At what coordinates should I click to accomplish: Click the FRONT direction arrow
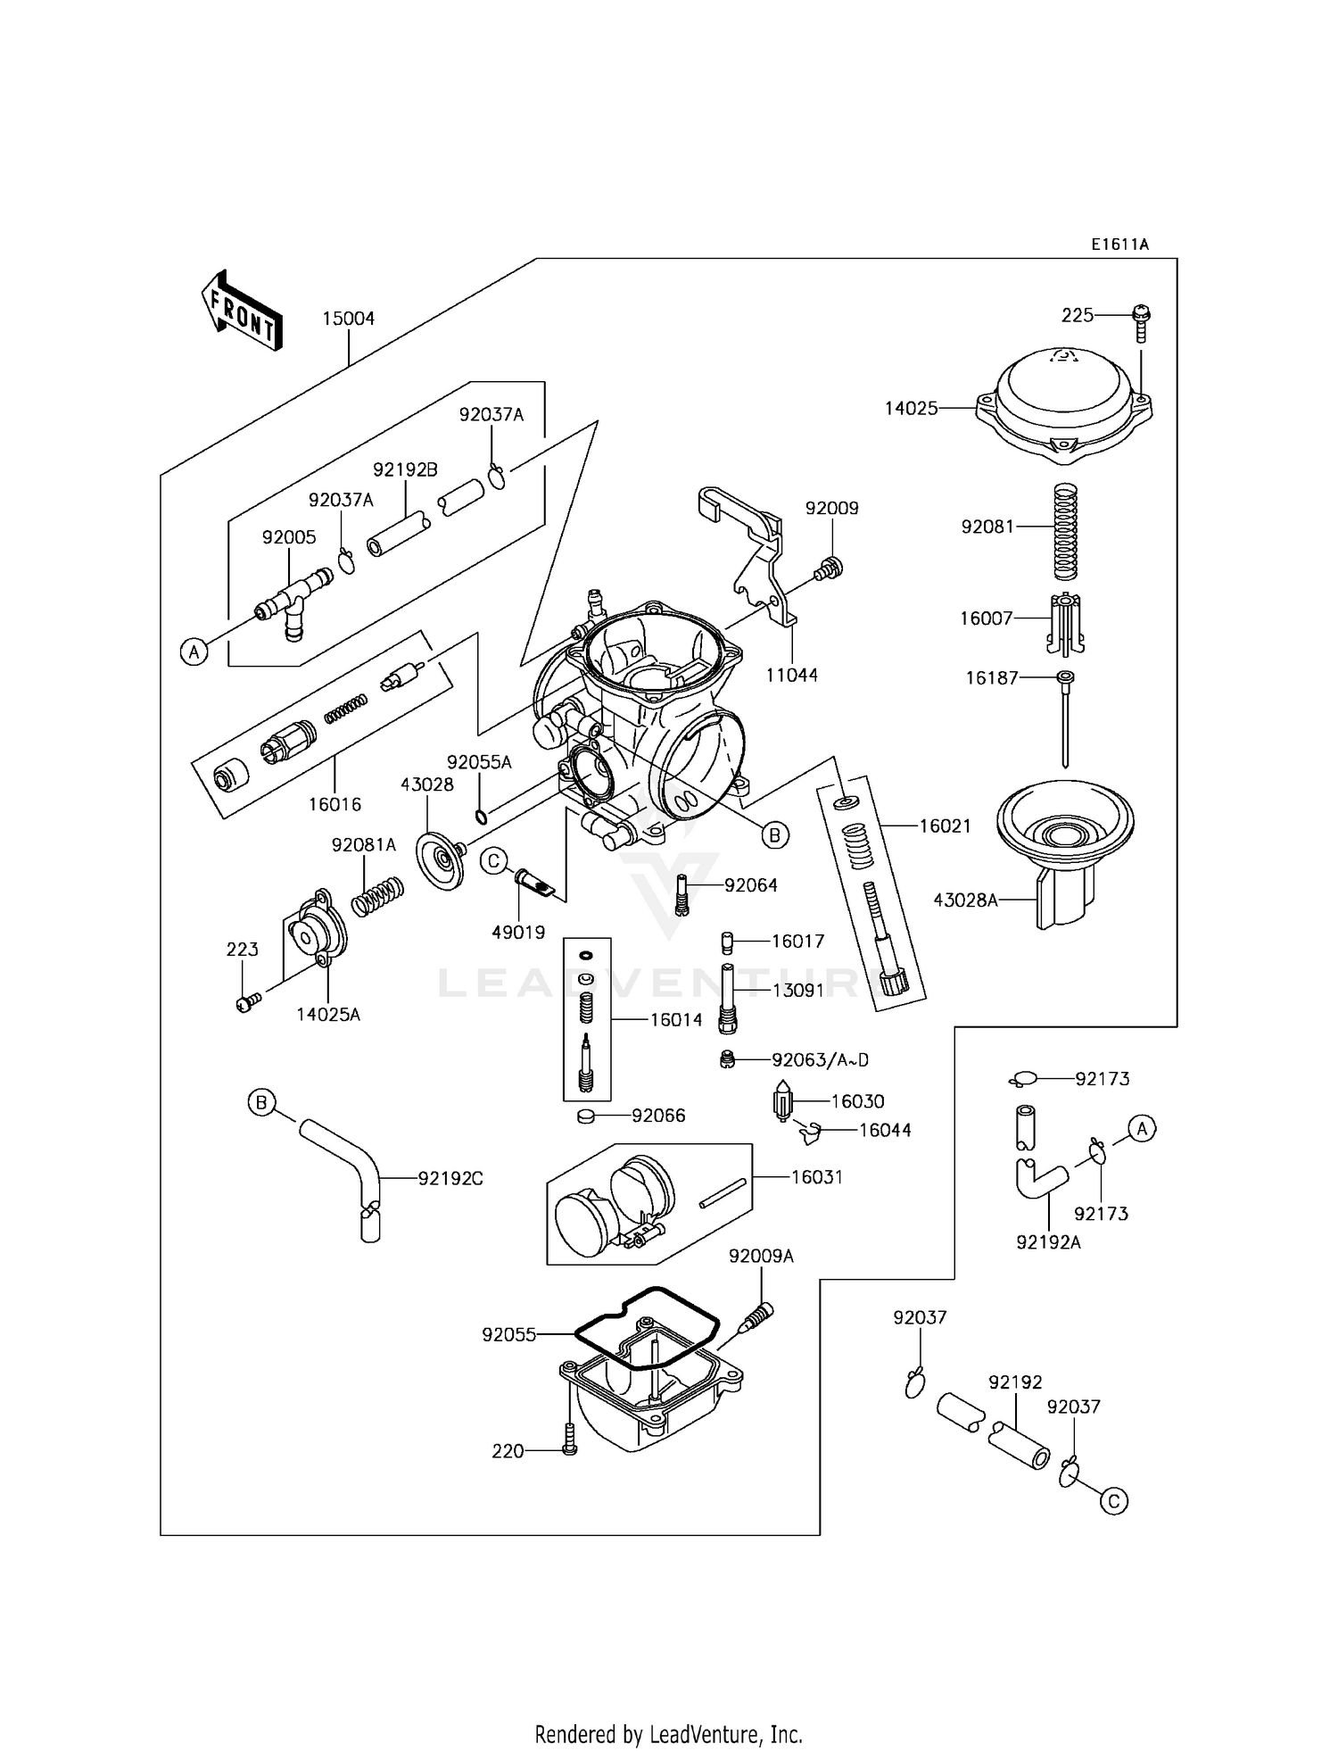(x=242, y=311)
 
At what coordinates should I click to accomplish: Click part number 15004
(x=348, y=319)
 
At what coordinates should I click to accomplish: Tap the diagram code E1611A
(x=1119, y=244)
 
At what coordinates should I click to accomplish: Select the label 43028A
(x=965, y=900)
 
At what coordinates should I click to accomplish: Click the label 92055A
(x=479, y=762)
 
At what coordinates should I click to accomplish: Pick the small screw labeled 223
(x=246, y=1003)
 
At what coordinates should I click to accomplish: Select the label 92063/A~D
(x=820, y=1060)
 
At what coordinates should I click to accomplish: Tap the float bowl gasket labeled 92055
(x=647, y=1329)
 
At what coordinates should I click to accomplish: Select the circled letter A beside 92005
(x=194, y=652)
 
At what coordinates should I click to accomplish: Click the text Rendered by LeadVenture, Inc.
(x=668, y=1734)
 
